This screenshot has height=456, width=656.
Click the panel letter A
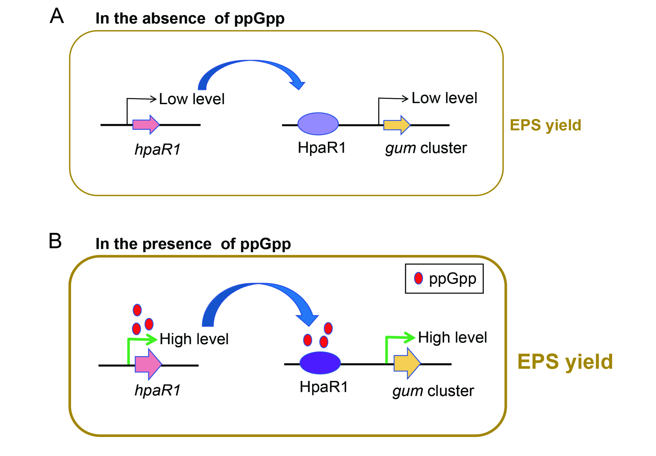pyautogui.click(x=57, y=16)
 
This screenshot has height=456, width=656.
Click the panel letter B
pyautogui.click(x=55, y=241)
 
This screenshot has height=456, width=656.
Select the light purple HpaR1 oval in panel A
pyautogui.click(x=318, y=124)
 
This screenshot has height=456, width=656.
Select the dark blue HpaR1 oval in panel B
pyautogui.click(x=320, y=363)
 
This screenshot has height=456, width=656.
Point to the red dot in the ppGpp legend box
pyautogui.click(x=418, y=278)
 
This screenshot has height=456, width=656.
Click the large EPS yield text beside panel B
pyautogui.click(x=565, y=361)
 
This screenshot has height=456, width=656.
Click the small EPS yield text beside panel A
pyautogui.click(x=545, y=125)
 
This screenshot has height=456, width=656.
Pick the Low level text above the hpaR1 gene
pyautogui.click(x=192, y=99)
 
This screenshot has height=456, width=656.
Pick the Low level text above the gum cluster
pyautogui.click(x=444, y=98)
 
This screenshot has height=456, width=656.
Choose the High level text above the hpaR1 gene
pyautogui.click(x=194, y=339)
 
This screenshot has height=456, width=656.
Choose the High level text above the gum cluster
pyautogui.click(x=452, y=337)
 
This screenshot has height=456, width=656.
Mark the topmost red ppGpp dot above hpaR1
pyautogui.click(x=137, y=310)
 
